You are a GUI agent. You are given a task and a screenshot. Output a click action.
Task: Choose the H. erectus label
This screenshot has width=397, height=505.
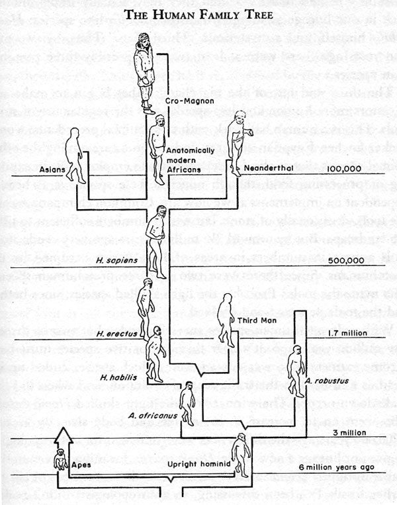pos(113,334)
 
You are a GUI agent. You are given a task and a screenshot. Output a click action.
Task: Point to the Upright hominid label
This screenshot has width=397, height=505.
pos(200,464)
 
